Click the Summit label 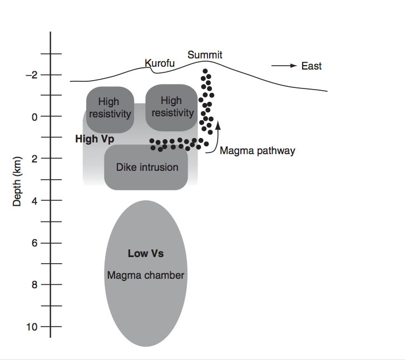[205, 55]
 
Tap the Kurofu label [160, 63]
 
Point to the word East [312, 66]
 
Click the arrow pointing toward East [284, 66]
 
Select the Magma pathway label [258, 150]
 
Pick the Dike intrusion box [147, 167]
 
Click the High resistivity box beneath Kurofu [171, 107]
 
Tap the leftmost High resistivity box [109, 109]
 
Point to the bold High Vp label [95, 139]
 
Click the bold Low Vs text [146, 254]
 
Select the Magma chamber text [146, 275]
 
